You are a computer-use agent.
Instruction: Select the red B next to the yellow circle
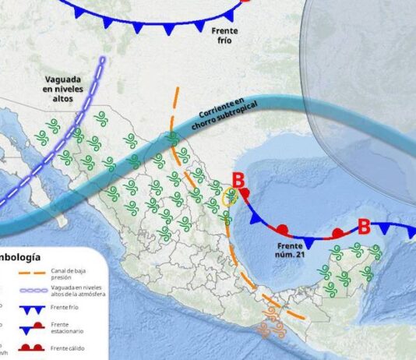tap(238, 184)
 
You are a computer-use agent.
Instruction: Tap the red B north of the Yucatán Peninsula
tap(363, 226)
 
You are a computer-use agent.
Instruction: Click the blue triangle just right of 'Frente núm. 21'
tap(308, 243)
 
